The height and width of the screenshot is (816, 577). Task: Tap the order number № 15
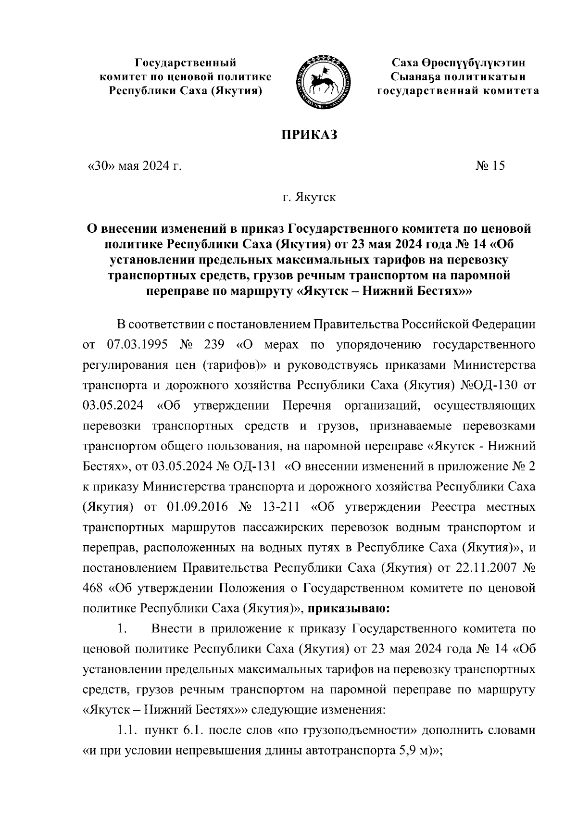click(x=490, y=166)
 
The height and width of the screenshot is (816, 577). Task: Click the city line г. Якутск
click(x=309, y=197)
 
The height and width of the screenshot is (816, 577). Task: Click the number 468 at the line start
click(x=93, y=588)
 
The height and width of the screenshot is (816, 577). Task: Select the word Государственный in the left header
click(x=186, y=63)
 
